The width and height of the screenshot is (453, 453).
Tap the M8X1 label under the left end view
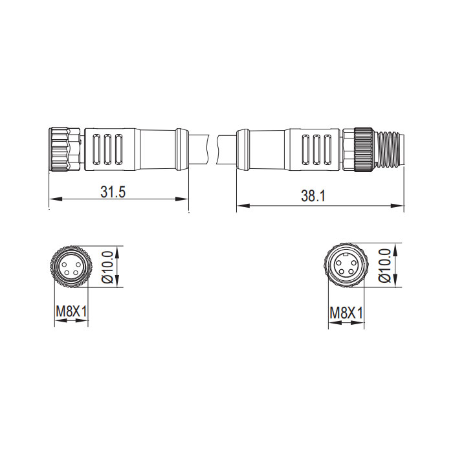[71, 313]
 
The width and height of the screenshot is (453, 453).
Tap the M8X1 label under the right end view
[346, 314]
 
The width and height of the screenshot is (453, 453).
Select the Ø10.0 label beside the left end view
[107, 267]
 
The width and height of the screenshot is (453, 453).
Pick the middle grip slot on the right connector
[318, 150]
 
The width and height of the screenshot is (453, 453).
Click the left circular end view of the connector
[71, 267]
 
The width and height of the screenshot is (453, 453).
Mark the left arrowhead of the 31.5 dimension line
[52, 198]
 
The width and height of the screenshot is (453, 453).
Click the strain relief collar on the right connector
[243, 149]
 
